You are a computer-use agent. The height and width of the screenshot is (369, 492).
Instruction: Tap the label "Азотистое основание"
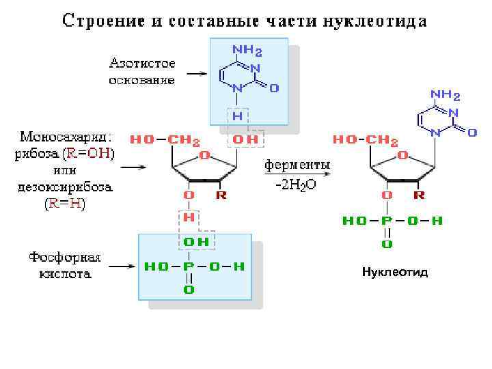pos(142,72)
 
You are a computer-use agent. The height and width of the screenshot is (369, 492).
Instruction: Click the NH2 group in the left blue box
pos(247,50)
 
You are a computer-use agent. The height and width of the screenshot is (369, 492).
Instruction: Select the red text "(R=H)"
pos(65,204)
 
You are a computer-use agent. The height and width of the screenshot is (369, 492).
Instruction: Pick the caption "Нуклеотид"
pos(395,272)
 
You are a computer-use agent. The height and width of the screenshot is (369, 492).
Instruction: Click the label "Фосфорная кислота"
pos(65,266)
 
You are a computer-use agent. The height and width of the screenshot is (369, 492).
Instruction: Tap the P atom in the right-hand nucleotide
pos(387,221)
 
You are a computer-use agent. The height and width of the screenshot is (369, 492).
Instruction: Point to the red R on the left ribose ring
pos(220,195)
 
